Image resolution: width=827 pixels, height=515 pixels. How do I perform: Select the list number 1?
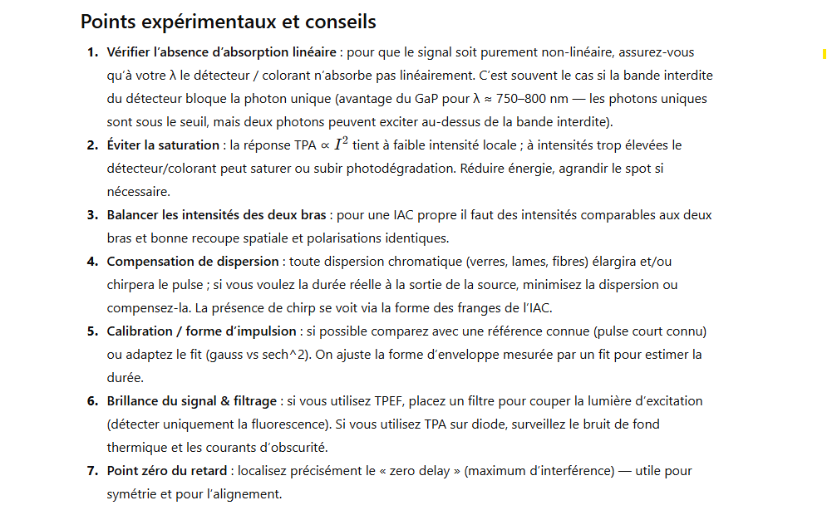pos(91,52)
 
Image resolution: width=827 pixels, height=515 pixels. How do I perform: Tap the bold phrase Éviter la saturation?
pos(163,145)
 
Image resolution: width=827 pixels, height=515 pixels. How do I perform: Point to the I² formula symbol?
pos(341,145)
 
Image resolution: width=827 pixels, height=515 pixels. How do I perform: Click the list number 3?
pos(91,215)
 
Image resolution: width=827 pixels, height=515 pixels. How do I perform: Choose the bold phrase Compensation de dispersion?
pos(193,262)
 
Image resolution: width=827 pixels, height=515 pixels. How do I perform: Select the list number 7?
pos(91,471)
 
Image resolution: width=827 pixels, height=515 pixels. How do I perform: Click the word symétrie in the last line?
pos(132,494)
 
